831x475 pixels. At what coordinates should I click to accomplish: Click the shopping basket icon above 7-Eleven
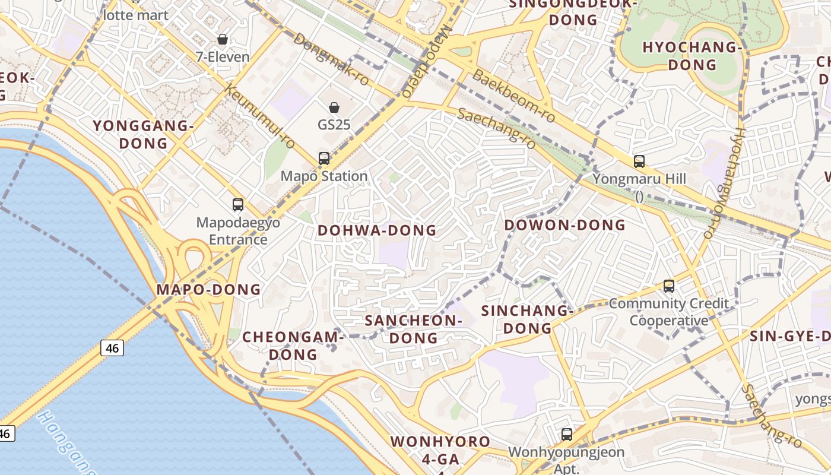click(x=223, y=40)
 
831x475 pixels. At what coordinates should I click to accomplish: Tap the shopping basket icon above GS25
click(x=334, y=107)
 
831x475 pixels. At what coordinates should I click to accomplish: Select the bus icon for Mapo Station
click(x=324, y=159)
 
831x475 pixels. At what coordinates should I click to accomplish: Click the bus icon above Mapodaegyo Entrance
click(x=238, y=205)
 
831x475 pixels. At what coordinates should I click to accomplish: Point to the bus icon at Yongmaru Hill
click(x=639, y=161)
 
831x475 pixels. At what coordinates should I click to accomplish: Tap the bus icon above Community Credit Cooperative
click(x=669, y=286)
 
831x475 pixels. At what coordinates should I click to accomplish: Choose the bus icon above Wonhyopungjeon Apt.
click(x=567, y=435)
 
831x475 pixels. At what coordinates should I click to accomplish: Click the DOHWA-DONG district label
click(x=377, y=230)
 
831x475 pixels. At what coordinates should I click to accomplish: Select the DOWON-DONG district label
click(x=565, y=225)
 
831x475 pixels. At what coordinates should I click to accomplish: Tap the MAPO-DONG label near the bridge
click(x=208, y=290)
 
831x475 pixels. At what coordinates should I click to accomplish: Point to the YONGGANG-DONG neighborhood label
click(x=144, y=134)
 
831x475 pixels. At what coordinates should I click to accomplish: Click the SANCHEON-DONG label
click(x=413, y=329)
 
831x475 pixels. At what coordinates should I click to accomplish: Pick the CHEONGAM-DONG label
click(x=293, y=346)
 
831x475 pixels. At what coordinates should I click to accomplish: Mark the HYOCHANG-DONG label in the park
click(x=693, y=56)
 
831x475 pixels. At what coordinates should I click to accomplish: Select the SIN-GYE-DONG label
click(x=789, y=336)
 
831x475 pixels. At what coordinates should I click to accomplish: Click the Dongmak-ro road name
click(x=331, y=58)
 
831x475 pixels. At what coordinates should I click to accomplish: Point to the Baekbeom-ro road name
click(x=514, y=96)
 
